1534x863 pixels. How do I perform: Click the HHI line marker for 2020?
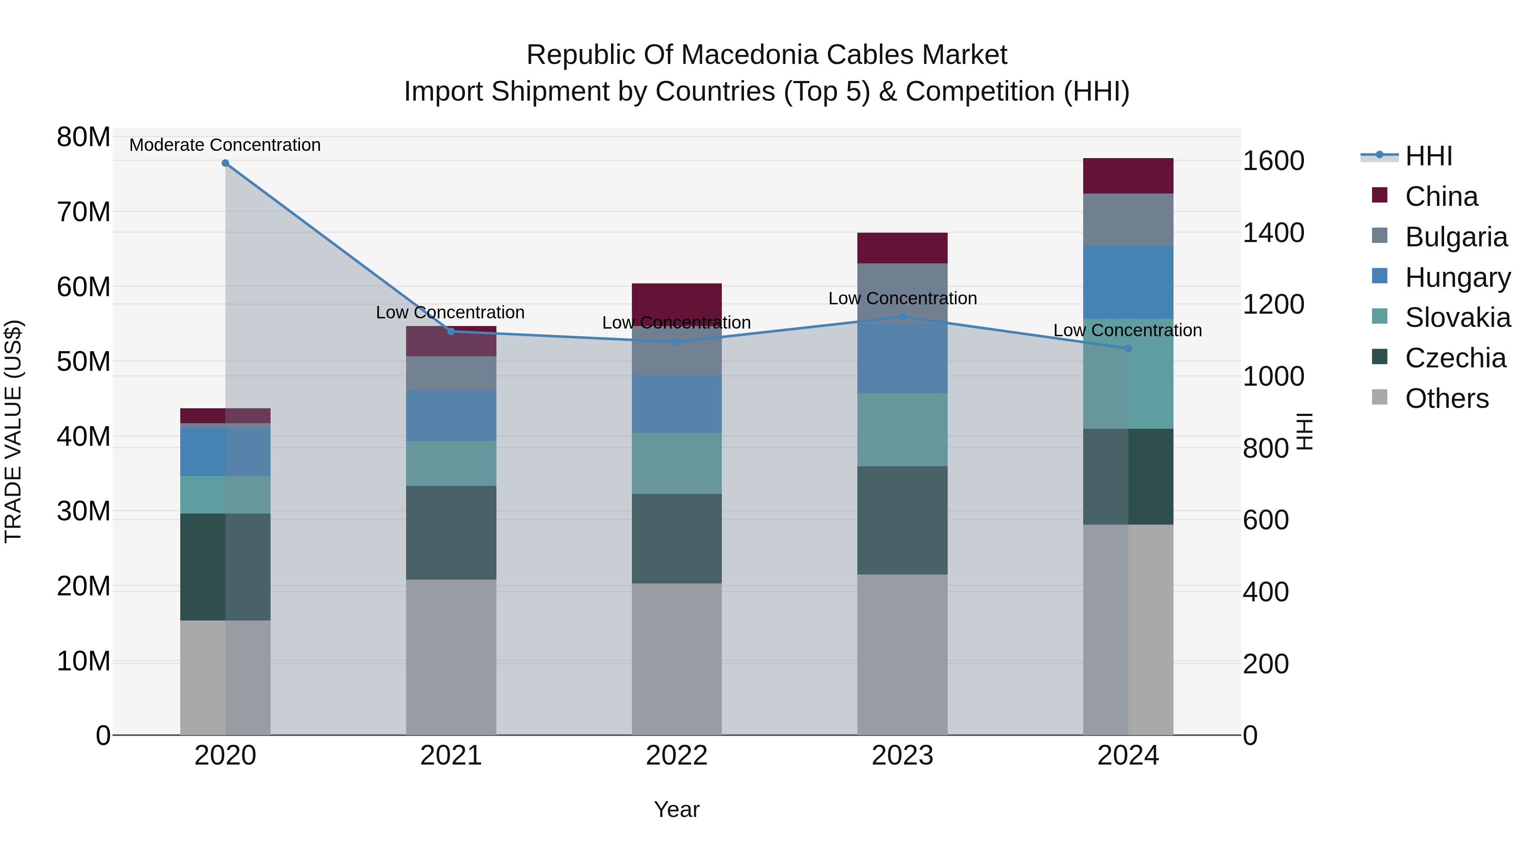click(x=225, y=163)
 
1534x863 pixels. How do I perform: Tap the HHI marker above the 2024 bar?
click(x=1128, y=349)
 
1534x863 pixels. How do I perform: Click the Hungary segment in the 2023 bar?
click(x=902, y=358)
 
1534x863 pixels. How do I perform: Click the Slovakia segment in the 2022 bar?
click(x=677, y=463)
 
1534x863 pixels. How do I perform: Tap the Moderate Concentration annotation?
click(x=225, y=145)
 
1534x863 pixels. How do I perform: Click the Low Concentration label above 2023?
click(x=902, y=298)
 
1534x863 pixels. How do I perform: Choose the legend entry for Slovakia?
click(x=1457, y=317)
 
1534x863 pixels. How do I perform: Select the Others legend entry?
click(x=1447, y=398)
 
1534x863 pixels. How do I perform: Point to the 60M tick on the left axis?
click(x=84, y=287)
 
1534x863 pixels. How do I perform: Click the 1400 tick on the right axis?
click(x=1273, y=233)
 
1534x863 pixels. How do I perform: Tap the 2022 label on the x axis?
click(x=677, y=756)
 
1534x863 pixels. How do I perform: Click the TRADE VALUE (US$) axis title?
click(x=13, y=431)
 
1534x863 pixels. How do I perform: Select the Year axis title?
click(x=677, y=809)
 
